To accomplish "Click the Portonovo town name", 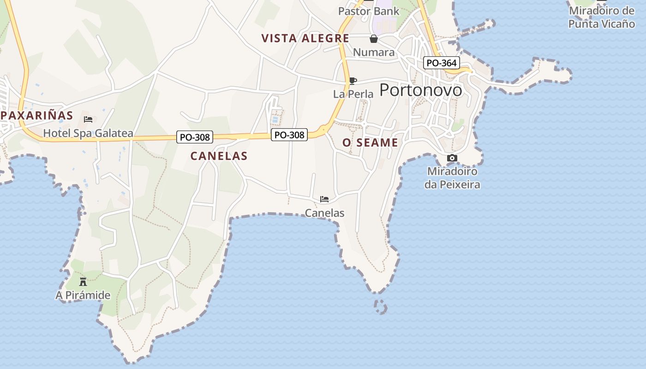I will [420, 90].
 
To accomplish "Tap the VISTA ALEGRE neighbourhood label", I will [305, 38].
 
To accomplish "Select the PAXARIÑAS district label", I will [37, 115].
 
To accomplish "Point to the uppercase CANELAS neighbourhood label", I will [219, 156].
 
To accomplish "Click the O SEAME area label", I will [370, 143].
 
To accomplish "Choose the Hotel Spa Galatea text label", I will [88, 134].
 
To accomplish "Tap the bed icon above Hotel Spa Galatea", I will [88, 119].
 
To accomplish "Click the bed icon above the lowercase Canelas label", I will [324, 199].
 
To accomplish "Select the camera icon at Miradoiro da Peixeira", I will [452, 158].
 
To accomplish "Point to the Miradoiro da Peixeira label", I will [452, 178].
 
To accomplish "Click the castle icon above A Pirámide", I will [83, 281].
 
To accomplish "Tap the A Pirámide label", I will [83, 295].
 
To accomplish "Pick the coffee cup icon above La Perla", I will [353, 81].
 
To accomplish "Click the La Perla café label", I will [353, 94].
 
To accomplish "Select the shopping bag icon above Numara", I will [374, 39].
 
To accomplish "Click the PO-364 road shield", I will [442, 63].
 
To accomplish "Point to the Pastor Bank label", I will [369, 11].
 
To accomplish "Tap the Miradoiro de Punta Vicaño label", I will [601, 17].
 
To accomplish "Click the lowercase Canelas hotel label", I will [324, 213].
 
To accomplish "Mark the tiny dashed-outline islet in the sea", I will [381, 307].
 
